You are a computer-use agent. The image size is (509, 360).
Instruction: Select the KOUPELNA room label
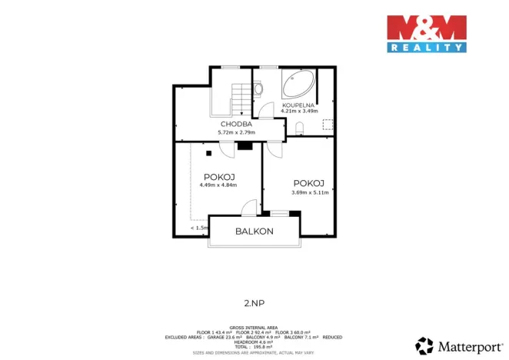pyautogui.click(x=299, y=104)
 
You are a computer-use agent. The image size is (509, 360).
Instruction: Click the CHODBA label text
pyautogui.click(x=238, y=124)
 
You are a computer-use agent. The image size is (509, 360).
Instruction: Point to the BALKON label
pyautogui.click(x=254, y=231)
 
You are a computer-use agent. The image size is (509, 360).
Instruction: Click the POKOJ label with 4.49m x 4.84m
pyautogui.click(x=218, y=177)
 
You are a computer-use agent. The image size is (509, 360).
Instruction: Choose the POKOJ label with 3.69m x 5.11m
pyautogui.click(x=309, y=183)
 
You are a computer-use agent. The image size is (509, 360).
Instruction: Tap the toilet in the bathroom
pyautogui.click(x=301, y=128)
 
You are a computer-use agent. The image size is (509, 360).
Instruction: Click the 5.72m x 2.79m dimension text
pyautogui.click(x=238, y=132)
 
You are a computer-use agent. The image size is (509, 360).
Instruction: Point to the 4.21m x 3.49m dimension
pyautogui.click(x=299, y=111)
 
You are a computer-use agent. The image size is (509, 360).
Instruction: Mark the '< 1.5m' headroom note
pyautogui.click(x=198, y=228)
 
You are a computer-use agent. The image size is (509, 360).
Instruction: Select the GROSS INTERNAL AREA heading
pyautogui.click(x=254, y=326)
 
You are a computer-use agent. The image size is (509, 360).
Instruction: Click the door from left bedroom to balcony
pyautogui.click(x=248, y=208)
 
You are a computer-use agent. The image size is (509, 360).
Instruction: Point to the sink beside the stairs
pyautogui.click(x=258, y=89)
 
